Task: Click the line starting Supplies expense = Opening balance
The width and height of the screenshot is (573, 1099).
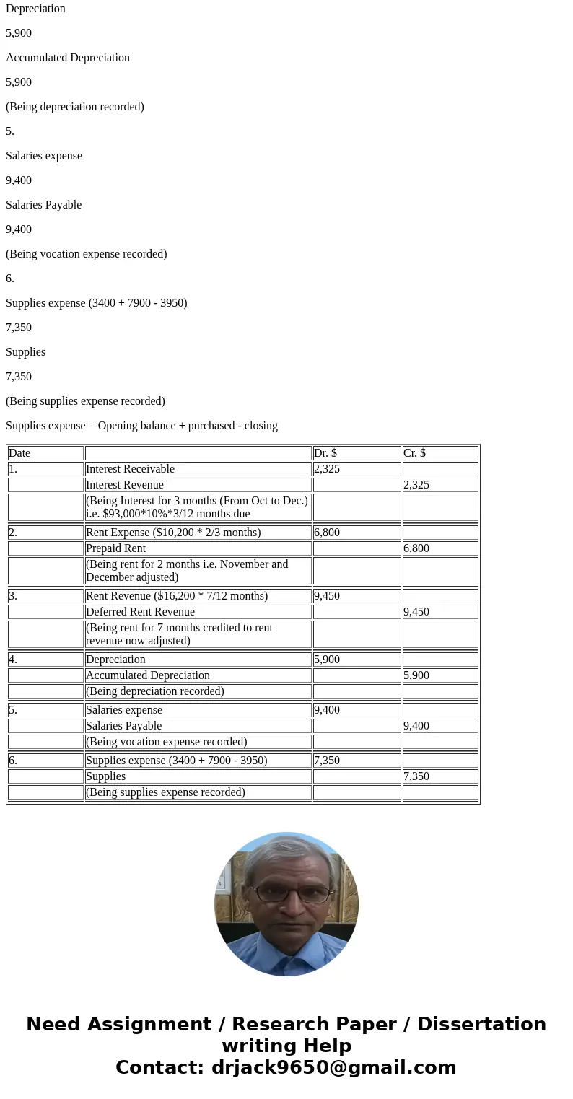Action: (x=141, y=426)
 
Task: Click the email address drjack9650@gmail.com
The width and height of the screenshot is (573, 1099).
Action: (x=333, y=1068)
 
